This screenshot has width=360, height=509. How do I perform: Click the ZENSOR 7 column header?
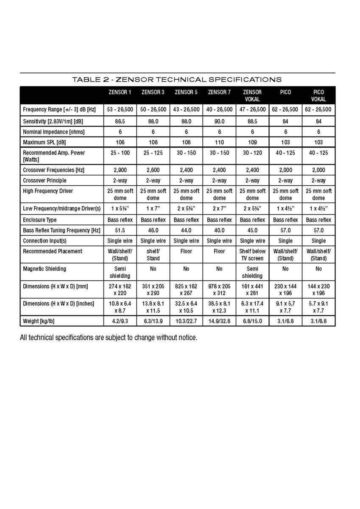point(219,92)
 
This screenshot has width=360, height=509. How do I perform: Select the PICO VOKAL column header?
point(318,95)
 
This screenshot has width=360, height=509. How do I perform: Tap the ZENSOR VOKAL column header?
point(252,95)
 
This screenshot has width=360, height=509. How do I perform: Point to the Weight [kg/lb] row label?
point(39,321)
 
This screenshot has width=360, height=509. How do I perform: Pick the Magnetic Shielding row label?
point(45,269)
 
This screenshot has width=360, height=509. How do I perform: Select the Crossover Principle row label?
point(45,180)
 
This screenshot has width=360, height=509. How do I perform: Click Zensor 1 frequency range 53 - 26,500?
point(120,109)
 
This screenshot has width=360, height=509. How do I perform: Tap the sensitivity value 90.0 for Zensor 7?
point(219,121)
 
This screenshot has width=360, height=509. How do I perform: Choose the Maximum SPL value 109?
point(252,142)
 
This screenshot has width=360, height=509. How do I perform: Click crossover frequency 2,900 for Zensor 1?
point(120,170)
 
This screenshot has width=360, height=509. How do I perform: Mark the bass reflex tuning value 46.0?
point(153,230)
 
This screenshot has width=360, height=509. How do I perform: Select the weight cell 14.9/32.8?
point(219,321)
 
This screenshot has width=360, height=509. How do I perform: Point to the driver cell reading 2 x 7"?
point(219,209)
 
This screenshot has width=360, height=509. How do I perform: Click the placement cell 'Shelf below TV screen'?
point(252,255)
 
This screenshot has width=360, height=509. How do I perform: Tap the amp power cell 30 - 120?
point(252,153)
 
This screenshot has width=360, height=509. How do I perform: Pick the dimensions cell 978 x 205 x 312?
point(219,290)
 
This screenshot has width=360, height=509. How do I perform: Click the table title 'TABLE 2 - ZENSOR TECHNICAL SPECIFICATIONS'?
point(177,79)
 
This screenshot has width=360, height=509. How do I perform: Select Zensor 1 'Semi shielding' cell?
point(120,272)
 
